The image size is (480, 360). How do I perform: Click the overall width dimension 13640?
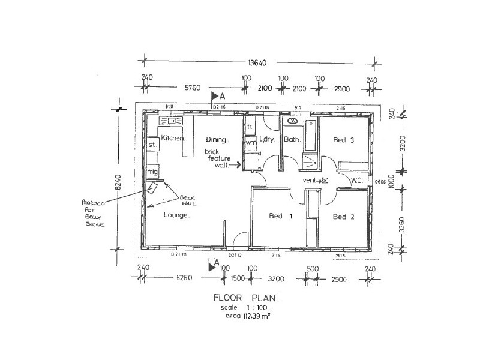[x=259, y=61]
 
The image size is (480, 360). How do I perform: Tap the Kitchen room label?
[x=173, y=139]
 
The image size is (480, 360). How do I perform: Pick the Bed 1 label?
[x=280, y=216]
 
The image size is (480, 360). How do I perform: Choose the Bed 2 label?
[x=343, y=217]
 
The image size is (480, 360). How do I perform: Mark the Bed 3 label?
[x=344, y=140]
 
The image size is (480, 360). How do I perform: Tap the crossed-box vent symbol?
[x=325, y=180]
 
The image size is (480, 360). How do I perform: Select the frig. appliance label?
[x=153, y=172]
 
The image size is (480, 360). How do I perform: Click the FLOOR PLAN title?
[x=246, y=298]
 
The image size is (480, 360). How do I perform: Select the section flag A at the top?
[x=217, y=95]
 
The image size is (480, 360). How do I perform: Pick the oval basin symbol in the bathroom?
[x=292, y=121]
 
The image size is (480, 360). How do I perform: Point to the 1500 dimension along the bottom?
[x=238, y=279]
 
